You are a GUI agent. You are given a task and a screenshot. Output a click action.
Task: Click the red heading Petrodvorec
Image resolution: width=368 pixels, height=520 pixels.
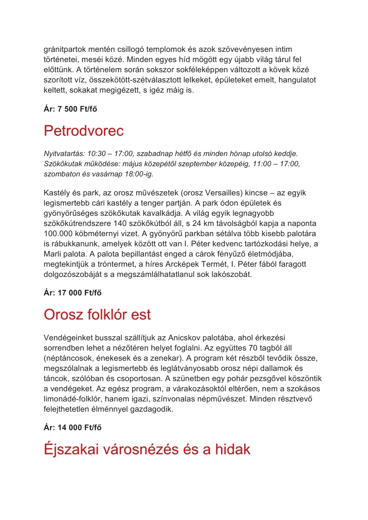(84, 131)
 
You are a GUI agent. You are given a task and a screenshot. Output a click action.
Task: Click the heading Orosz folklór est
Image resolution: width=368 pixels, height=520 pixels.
(97, 315)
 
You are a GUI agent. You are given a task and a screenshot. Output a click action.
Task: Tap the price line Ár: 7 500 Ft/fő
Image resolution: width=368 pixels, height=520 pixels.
(70, 109)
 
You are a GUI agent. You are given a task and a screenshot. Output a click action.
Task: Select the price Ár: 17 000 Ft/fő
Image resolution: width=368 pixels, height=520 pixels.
(73, 293)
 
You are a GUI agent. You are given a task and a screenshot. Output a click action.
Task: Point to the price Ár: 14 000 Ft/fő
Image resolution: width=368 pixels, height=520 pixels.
(73, 427)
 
